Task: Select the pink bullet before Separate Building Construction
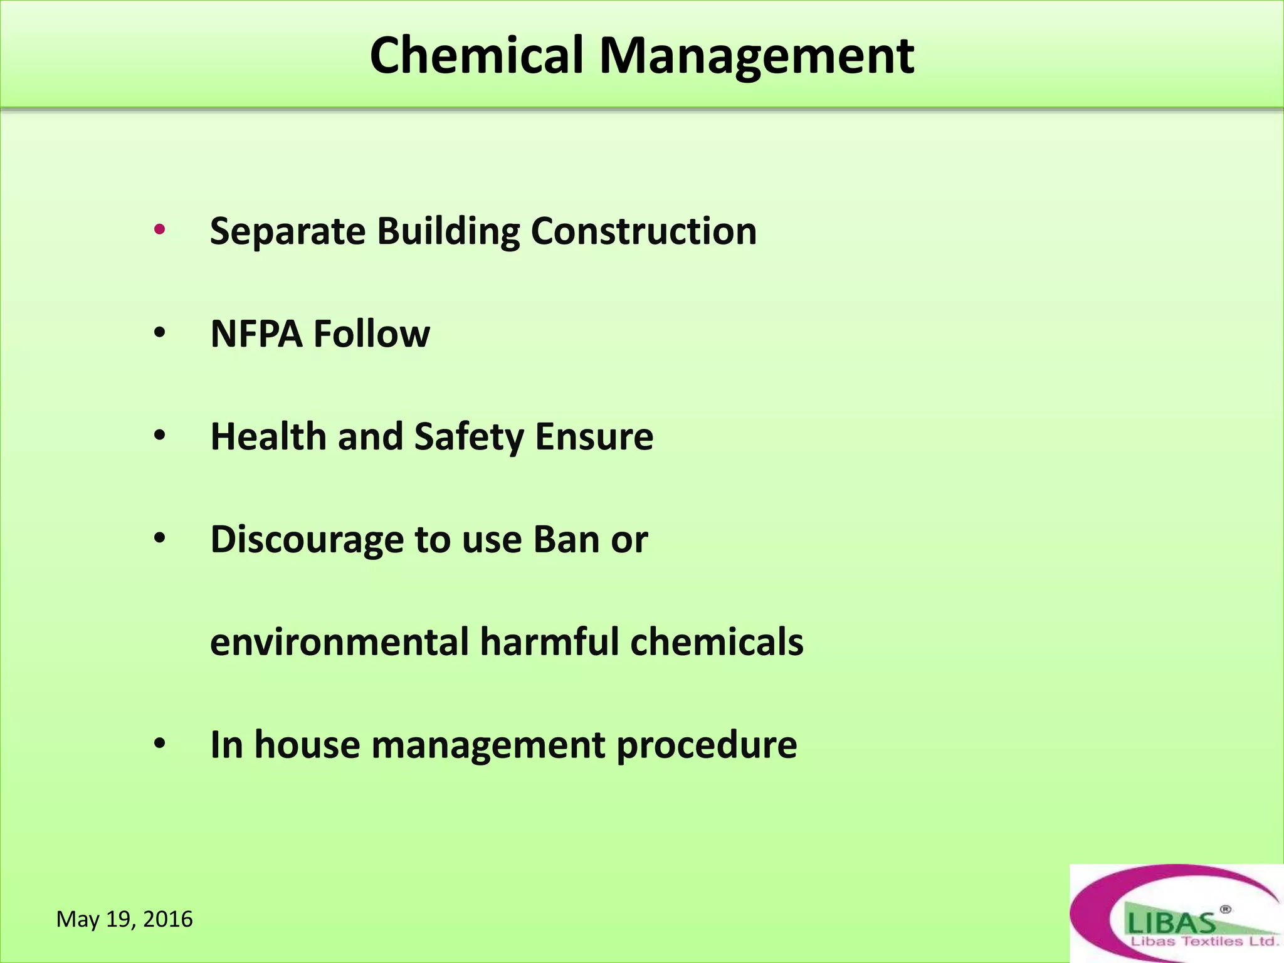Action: pyautogui.click(x=159, y=229)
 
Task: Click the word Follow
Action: pyautogui.click(x=371, y=334)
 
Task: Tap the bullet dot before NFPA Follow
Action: pyautogui.click(x=159, y=333)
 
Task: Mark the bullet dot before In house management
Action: pyautogui.click(x=159, y=744)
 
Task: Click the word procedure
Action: pyautogui.click(x=707, y=746)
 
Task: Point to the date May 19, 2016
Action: pyautogui.click(x=125, y=919)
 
